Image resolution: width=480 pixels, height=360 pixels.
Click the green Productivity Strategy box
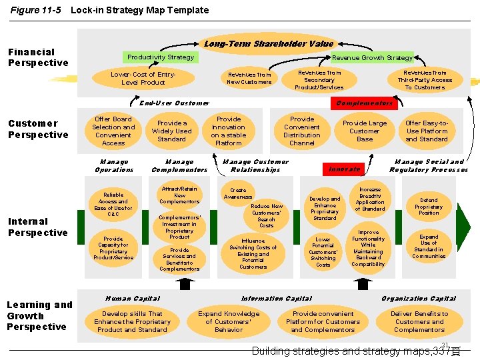point(160,57)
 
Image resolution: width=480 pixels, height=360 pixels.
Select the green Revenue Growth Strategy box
point(373,58)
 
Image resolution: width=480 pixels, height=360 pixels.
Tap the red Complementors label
point(364,103)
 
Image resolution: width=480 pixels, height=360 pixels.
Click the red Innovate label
point(344,169)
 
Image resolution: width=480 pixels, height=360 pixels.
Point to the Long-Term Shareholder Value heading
point(269,44)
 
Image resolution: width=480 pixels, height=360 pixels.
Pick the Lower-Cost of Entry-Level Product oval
point(143,78)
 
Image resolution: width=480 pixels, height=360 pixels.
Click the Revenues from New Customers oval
point(249,78)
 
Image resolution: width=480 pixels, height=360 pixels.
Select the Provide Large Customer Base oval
point(364,131)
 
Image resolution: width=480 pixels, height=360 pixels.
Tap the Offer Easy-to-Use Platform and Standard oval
point(427,131)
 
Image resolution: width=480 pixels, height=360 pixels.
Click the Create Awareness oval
point(238,193)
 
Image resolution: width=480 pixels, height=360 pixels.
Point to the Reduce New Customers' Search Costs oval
point(266,216)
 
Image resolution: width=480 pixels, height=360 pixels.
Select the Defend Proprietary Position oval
point(429,207)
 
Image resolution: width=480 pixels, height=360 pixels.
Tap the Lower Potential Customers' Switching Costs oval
point(323,251)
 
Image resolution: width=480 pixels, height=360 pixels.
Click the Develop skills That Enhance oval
point(132,321)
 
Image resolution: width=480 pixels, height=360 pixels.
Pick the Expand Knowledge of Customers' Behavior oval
point(229,321)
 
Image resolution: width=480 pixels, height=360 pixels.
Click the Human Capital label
point(133,298)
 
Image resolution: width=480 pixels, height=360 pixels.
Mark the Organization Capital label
point(419,298)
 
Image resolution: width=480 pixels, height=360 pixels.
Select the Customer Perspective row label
point(38,129)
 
